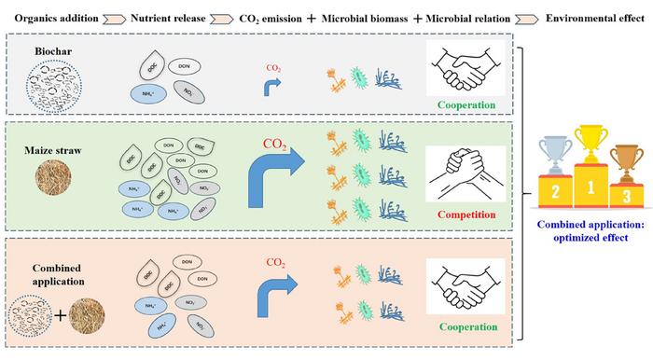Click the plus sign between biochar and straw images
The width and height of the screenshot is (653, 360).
point(62,316)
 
